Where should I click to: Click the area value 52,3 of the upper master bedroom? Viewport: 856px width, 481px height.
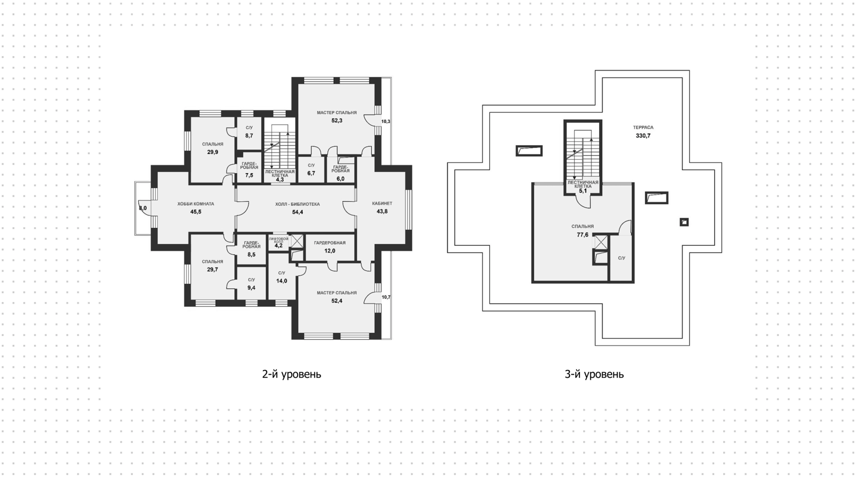click(x=337, y=120)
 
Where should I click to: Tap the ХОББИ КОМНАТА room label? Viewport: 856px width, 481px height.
click(x=196, y=204)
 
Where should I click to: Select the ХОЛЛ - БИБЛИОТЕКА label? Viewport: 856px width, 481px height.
click(x=297, y=204)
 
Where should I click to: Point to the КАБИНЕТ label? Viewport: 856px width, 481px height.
click(x=382, y=203)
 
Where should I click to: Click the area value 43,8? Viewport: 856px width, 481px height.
click(x=382, y=211)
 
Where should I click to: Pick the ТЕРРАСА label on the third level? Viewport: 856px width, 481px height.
click(x=643, y=128)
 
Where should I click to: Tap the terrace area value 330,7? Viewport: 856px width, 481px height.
click(x=643, y=136)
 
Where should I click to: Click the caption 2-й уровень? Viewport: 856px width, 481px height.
click(x=292, y=374)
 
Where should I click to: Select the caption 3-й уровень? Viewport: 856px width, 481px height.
click(x=594, y=374)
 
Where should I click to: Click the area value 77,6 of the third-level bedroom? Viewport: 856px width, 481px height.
click(x=583, y=235)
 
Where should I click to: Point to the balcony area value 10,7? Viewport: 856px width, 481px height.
click(x=386, y=297)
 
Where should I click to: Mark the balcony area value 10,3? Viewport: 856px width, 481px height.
click(x=386, y=121)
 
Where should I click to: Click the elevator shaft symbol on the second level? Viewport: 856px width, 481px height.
click(x=297, y=241)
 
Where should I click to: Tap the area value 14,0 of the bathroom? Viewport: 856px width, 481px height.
click(x=282, y=281)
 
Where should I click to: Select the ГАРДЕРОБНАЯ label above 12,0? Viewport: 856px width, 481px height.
click(x=330, y=243)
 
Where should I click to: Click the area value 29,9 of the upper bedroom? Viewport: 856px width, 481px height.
click(x=213, y=152)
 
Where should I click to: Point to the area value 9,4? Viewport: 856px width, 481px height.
click(x=251, y=288)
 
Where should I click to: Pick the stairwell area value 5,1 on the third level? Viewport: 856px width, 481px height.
click(x=583, y=191)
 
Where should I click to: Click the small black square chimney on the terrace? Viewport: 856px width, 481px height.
click(x=684, y=222)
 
